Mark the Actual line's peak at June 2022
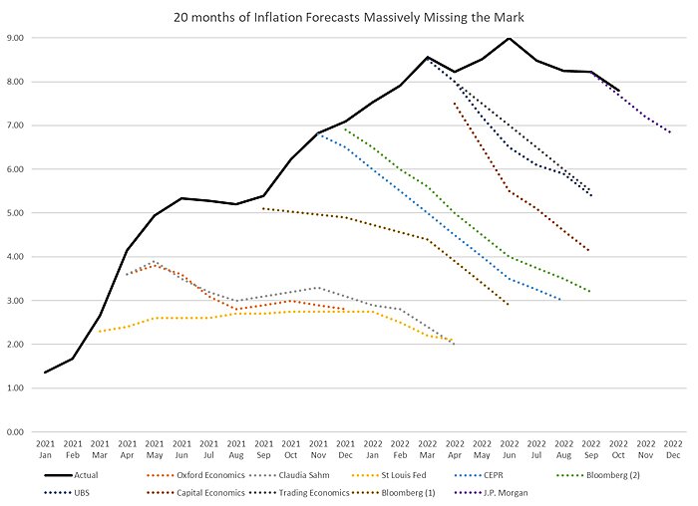509,38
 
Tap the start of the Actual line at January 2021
46,373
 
